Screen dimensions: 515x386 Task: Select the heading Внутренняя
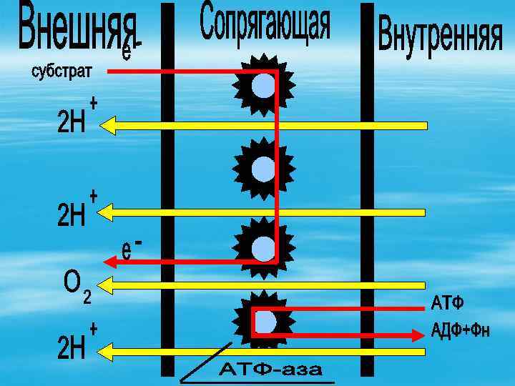click(x=440, y=33)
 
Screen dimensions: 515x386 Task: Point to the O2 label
click(x=76, y=286)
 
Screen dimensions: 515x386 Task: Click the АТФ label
click(x=447, y=304)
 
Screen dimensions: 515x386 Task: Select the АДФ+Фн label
click(x=461, y=330)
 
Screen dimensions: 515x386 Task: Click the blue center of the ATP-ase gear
click(x=265, y=322)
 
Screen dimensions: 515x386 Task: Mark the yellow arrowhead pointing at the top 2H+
click(x=108, y=126)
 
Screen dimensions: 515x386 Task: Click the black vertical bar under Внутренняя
click(x=367, y=193)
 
